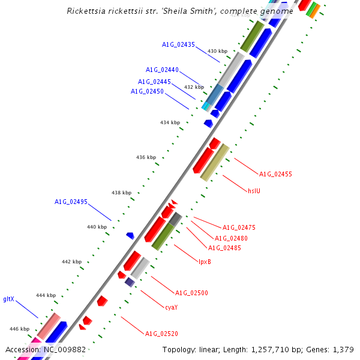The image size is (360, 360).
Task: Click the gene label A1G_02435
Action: [178, 44]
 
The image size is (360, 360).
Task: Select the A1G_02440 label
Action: [162, 70]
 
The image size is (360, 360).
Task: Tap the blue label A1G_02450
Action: [147, 91]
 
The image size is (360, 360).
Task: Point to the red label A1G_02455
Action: [275, 174]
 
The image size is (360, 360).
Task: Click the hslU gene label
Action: [254, 191]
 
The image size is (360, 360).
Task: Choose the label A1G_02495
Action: [71, 202]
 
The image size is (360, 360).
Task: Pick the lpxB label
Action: [205, 261]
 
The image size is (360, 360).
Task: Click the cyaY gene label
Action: [171, 307]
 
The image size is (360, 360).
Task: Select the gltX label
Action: [8, 298]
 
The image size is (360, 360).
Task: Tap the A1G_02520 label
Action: [161, 333]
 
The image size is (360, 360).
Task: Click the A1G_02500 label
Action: [191, 293]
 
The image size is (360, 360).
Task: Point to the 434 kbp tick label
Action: [170, 122]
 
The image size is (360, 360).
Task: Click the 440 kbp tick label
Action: [97, 227]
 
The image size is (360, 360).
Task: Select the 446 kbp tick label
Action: [19, 329]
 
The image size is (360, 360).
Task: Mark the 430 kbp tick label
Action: [217, 52]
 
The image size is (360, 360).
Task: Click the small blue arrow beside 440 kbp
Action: [130, 236]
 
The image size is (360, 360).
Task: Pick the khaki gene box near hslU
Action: [214, 162]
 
